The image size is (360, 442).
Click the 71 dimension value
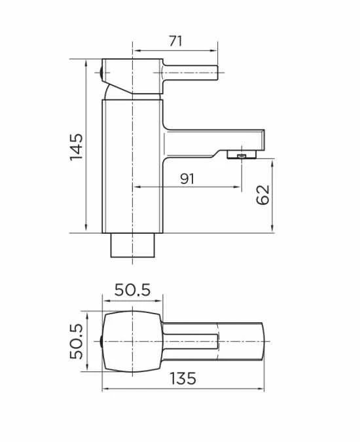click(x=175, y=41)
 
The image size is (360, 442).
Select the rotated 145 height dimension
click(x=77, y=147)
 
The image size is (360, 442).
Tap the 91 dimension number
click(x=188, y=179)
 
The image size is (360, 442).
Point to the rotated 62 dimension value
click(x=262, y=195)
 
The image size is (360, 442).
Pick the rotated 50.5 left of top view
click(x=77, y=341)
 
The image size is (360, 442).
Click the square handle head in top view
click(x=133, y=341)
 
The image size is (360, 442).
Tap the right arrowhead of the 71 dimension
click(x=215, y=50)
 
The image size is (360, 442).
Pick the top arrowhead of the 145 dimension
click(x=87, y=63)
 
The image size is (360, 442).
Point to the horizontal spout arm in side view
click(x=216, y=139)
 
